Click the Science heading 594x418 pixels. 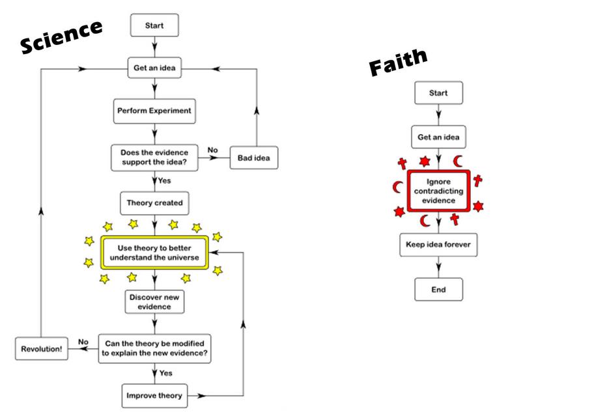pyautogui.click(x=62, y=36)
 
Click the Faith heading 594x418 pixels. pyautogui.click(x=398, y=63)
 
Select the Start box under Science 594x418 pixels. pyautogui.click(x=154, y=26)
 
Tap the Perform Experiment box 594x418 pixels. pyautogui.click(x=154, y=111)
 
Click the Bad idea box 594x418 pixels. pyautogui.click(x=254, y=158)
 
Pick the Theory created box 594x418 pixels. pyautogui.click(x=154, y=202)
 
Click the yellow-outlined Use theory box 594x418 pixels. pyautogui.click(x=154, y=253)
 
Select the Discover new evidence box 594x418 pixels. pyautogui.click(x=154, y=301)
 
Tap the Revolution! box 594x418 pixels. pyautogui.click(x=41, y=348)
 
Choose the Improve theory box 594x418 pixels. pyautogui.click(x=154, y=395)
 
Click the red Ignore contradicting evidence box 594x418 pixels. pyautogui.click(x=438, y=191)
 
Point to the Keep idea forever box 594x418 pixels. pyautogui.click(x=438, y=245)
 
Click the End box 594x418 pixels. pyautogui.click(x=438, y=290)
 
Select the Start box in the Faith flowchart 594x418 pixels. pyautogui.click(x=438, y=93)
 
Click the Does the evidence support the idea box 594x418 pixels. pyautogui.click(x=154, y=157)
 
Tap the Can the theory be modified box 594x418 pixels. pyautogui.click(x=154, y=348)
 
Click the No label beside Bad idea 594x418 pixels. pyautogui.click(x=212, y=150)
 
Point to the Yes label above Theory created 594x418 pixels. pyautogui.click(x=164, y=181)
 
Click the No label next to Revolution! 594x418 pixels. pyautogui.click(x=83, y=342)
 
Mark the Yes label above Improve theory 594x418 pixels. pyautogui.click(x=165, y=373)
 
